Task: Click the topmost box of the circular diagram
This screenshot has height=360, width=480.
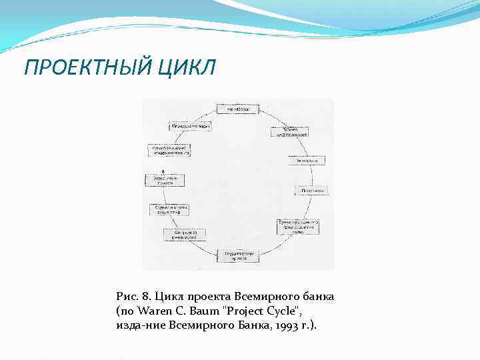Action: tap(237, 109)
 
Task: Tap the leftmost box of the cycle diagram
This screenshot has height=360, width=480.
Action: tap(165, 181)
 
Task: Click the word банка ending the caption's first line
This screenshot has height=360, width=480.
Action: tap(317, 295)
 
